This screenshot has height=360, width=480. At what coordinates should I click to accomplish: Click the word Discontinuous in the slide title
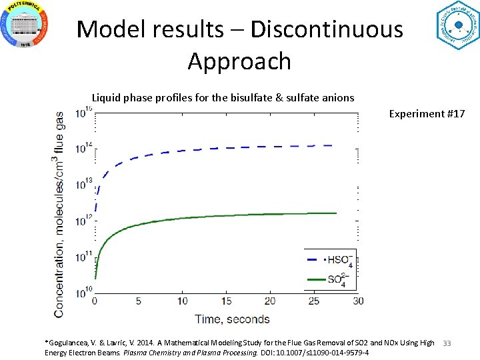tap(327, 29)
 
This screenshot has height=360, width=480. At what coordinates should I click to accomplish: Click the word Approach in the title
tap(239, 61)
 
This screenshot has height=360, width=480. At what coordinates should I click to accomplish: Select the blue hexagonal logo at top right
tap(457, 25)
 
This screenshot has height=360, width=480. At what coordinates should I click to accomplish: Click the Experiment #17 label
tap(427, 114)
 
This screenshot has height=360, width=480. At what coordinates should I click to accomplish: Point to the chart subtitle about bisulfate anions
tap(223, 98)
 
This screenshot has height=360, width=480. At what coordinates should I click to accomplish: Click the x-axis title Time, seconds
tap(232, 319)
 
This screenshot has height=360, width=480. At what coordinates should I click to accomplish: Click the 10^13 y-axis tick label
tap(83, 185)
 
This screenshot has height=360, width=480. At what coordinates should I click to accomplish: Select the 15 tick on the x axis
tap(226, 301)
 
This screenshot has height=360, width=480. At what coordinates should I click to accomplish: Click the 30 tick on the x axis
tap(358, 301)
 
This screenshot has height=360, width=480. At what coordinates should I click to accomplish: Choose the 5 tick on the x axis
tap(138, 301)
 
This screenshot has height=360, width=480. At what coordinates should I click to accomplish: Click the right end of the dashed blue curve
tap(331, 145)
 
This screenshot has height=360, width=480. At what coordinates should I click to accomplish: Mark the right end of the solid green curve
tap(336, 213)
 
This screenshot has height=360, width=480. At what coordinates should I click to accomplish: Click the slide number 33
tap(447, 343)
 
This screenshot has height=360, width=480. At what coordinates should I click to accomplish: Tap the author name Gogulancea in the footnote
tap(70, 343)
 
